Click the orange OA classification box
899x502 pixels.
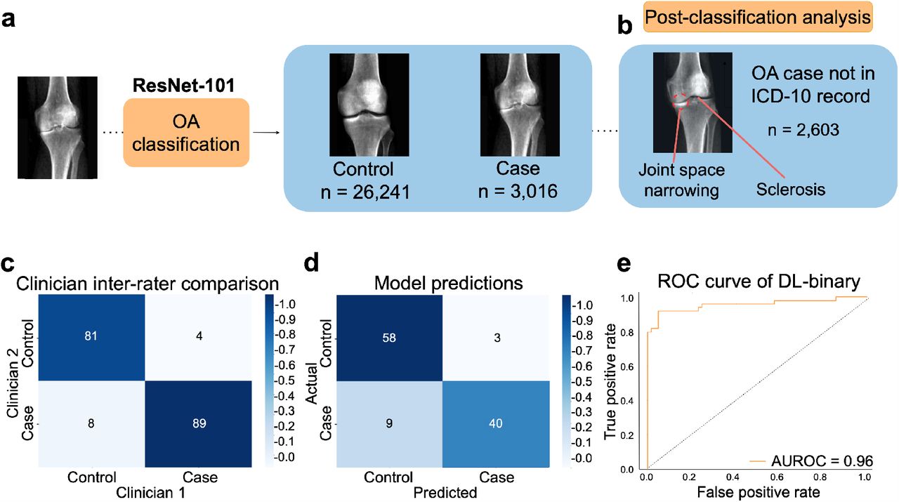coord(186,133)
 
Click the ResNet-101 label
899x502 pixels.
coord(183,85)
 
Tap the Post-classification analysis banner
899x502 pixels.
coord(758,18)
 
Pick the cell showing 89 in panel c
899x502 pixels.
coord(199,424)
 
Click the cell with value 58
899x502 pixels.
coord(389,338)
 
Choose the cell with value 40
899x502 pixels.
coord(496,424)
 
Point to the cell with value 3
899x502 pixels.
coord(496,338)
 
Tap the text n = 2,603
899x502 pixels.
coord(803,130)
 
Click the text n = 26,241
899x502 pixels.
coord(365,192)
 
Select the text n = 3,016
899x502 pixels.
coord(518,191)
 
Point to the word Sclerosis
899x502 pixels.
coord(791,190)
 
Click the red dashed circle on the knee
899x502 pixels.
coord(681,100)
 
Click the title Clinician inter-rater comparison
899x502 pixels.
coord(147,284)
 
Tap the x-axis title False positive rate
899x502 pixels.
coord(758,492)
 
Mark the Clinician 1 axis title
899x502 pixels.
coord(150,493)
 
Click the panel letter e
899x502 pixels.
coord(624,265)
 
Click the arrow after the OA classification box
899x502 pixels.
coord(265,133)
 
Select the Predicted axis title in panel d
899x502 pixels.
coord(445,493)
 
